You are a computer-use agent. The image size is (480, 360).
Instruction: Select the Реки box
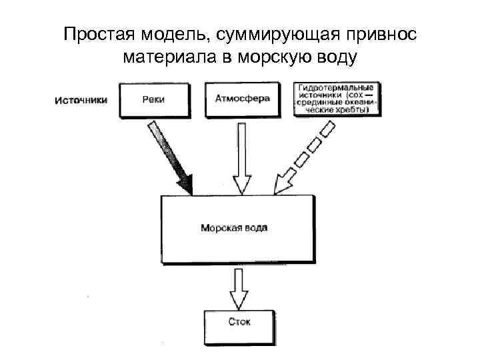tap(153, 99)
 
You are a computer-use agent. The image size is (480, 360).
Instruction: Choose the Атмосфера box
tap(242, 99)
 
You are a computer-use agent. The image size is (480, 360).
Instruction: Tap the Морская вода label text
tap(234, 228)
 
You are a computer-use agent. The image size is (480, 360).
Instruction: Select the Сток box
tap(239, 322)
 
